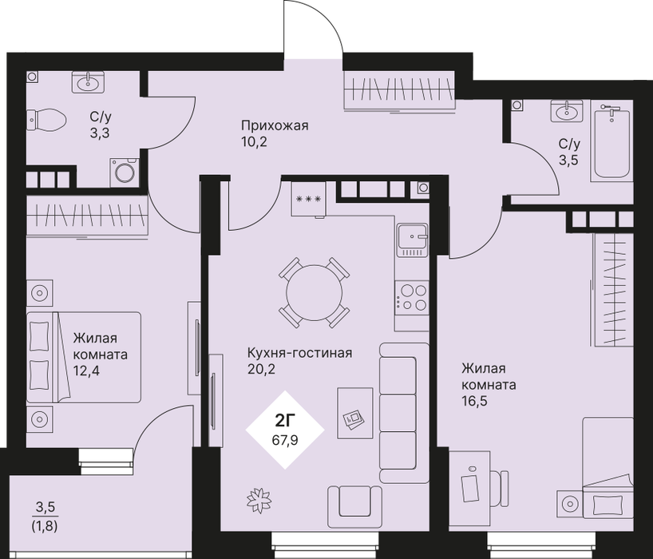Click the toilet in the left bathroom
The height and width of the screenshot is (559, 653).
coord(46,120)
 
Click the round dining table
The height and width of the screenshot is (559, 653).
coord(315,292)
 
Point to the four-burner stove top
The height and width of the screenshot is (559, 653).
coord(411,296)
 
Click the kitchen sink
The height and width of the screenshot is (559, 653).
coord(412,240)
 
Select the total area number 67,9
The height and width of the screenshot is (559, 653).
coord(285,440)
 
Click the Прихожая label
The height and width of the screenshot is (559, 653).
coord(275,125)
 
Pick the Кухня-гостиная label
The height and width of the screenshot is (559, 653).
coord(300,353)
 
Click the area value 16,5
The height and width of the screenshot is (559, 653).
coord(475,401)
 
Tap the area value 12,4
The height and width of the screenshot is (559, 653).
coord(87,371)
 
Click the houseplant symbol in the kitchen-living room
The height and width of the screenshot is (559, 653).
coord(259,500)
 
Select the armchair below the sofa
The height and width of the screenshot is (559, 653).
coord(354,506)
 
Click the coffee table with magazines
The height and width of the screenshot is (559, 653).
coord(354,413)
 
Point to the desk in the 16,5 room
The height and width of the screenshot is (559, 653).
coord(469,490)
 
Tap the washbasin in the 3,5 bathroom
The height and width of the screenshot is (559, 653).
coord(566,111)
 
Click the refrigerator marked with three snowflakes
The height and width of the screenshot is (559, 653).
coord(308,198)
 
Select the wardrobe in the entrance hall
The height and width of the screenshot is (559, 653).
coord(399,90)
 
